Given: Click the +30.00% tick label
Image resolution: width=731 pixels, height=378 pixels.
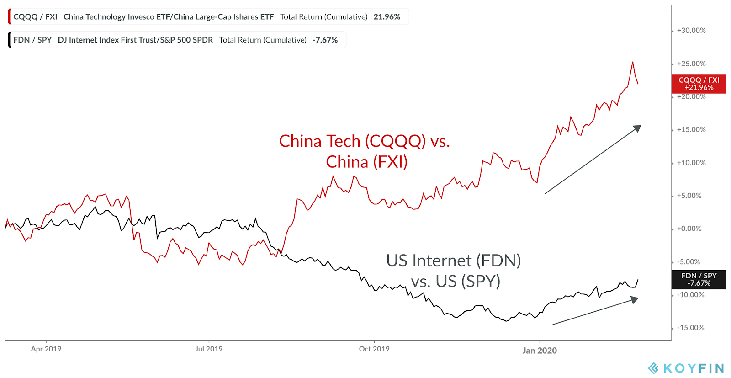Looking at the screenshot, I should tap(691, 31).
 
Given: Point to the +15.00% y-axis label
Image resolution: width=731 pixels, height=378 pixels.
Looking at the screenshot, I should tap(691, 130).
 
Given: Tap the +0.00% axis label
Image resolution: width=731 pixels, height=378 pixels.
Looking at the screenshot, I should tap(689, 229).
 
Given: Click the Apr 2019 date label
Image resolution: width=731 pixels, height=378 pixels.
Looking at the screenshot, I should tap(46, 349).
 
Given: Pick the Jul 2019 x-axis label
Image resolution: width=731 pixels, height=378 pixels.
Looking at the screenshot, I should tap(209, 349).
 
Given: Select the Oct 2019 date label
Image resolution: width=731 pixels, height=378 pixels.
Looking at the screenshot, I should tap(374, 349).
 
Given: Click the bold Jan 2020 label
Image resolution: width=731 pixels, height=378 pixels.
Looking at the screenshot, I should tap(540, 351).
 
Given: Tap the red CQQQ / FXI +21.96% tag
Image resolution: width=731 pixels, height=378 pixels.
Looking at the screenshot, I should tap(699, 84).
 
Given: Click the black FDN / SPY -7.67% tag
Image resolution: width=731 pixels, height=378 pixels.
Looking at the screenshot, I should tap(699, 279).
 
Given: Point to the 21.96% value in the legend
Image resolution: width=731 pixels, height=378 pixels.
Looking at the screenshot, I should tap(387, 17).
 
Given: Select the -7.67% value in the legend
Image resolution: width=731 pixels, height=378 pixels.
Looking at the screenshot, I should tap(325, 40).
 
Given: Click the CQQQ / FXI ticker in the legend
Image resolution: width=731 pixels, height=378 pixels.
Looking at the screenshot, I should tap(35, 17).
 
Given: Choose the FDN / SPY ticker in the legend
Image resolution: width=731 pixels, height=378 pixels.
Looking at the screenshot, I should tap(32, 40).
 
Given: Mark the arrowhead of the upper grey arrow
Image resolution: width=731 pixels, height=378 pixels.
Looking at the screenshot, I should tap(637, 128).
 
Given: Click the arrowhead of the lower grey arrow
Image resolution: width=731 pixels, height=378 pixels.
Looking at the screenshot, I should tap(635, 299).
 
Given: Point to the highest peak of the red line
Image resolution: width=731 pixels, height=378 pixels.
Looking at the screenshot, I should tap(633, 62).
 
